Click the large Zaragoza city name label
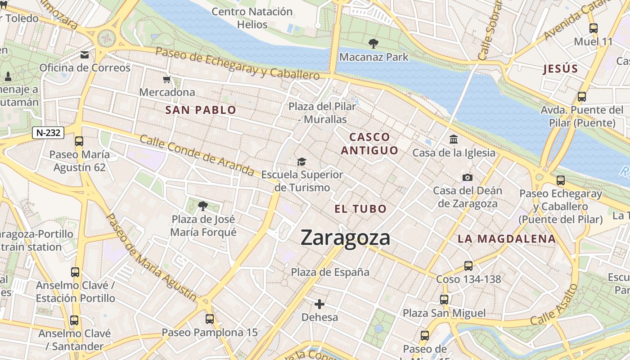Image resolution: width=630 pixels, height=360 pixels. point(345,238)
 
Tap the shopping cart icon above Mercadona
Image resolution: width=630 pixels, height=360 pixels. point(167,80)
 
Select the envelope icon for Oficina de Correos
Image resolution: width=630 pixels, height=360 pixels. point(85,55)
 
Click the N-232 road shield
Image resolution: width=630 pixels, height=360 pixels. point(48,133)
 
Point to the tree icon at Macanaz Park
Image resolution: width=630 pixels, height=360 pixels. point(373,44)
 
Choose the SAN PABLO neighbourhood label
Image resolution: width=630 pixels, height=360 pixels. point(201,110)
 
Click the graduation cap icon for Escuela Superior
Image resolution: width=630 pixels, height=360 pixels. point(301,162)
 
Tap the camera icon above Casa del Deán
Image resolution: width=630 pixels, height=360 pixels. point(468,177)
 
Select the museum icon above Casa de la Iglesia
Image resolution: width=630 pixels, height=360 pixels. point(454,139)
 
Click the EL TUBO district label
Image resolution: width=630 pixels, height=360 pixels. point(360,209)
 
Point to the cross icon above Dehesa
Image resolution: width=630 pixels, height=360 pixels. point(319,304)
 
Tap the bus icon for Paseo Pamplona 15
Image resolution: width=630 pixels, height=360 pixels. point(210,319)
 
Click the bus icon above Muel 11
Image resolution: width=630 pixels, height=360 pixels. point(593,28)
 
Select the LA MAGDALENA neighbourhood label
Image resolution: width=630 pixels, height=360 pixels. point(507,239)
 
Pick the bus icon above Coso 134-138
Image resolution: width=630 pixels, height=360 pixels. point(468,266)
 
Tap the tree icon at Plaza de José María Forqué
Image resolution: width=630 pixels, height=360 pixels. point(203,206)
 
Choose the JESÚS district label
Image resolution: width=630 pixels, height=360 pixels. point(560,69)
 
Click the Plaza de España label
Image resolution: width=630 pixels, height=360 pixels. point(330,272)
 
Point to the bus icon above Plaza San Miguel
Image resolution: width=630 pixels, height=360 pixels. point(444,300)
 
